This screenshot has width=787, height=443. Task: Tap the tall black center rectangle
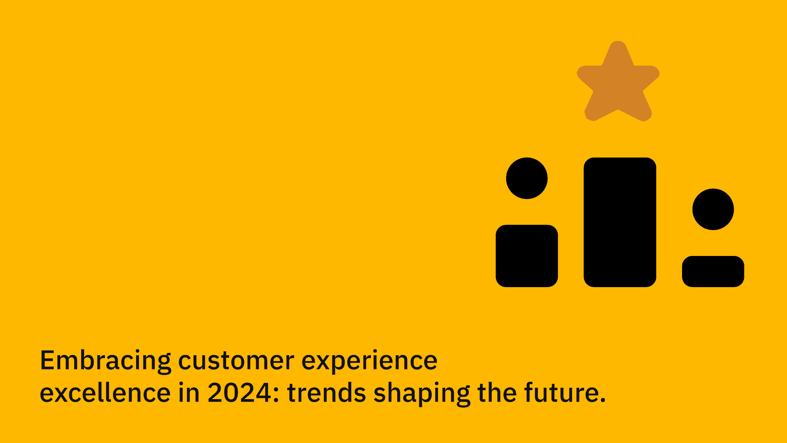(620, 222)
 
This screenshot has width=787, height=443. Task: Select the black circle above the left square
(527, 178)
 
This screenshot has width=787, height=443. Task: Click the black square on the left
(527, 256)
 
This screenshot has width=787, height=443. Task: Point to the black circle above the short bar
(713, 209)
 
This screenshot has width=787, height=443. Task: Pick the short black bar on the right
(713, 271)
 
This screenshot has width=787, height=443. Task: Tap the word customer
(236, 361)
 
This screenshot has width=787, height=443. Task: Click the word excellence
(105, 393)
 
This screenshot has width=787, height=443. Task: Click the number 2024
(240, 393)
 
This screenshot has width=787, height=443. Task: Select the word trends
(326, 393)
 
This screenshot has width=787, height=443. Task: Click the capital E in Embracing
(47, 361)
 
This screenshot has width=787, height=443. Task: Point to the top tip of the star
(618, 41)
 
